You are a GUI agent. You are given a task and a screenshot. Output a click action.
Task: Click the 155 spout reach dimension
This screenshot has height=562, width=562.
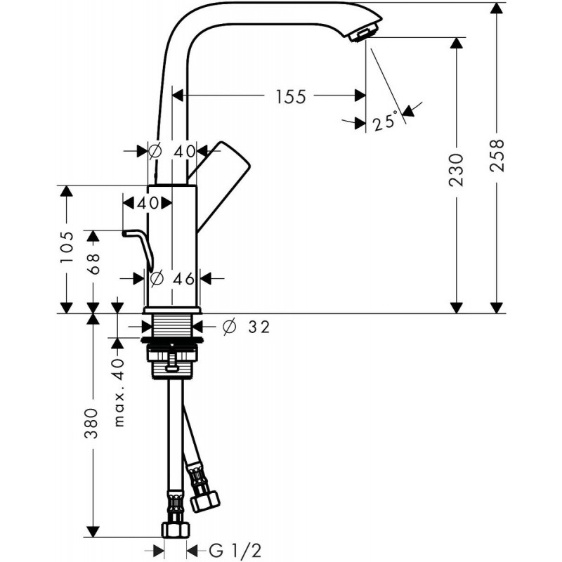(x=291, y=97)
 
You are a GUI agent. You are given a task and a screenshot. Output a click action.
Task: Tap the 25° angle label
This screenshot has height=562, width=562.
(x=385, y=121)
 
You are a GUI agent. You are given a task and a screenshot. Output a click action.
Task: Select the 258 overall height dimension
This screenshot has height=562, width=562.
(x=497, y=155)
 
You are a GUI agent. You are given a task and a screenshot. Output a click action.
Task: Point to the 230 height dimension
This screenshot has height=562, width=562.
(x=456, y=170)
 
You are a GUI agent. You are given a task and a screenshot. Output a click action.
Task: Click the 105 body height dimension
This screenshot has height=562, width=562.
(x=67, y=247)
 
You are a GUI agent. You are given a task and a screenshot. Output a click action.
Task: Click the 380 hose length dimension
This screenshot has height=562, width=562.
(x=91, y=424)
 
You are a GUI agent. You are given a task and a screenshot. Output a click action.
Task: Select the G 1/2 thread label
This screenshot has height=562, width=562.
(x=235, y=551)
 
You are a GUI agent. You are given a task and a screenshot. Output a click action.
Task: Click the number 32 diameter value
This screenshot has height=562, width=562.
(x=259, y=327)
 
